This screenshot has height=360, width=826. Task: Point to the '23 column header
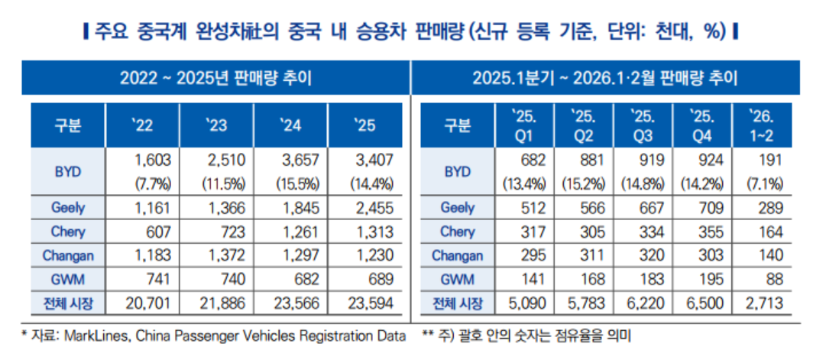(216, 125)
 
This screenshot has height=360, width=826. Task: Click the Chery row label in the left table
(68, 232)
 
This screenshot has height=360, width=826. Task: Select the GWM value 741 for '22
(159, 279)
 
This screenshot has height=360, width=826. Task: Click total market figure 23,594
(371, 303)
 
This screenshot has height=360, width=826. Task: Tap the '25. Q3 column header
(643, 125)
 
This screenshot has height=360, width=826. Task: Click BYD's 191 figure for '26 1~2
(771, 160)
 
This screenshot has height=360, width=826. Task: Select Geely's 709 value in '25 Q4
(711, 208)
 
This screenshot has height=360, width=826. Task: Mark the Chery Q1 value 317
(534, 232)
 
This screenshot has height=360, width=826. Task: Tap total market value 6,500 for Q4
(705, 303)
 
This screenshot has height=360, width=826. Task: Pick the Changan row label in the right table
(457, 255)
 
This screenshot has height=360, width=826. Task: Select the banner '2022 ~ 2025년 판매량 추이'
(216, 78)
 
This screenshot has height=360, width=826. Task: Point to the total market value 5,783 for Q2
(588, 303)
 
